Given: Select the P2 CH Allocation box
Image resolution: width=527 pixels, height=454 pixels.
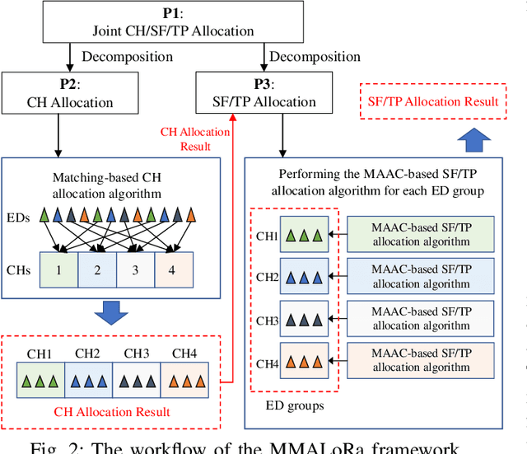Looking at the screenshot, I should [58, 94].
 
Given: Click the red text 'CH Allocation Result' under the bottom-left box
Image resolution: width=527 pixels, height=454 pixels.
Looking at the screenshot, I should [112, 411].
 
